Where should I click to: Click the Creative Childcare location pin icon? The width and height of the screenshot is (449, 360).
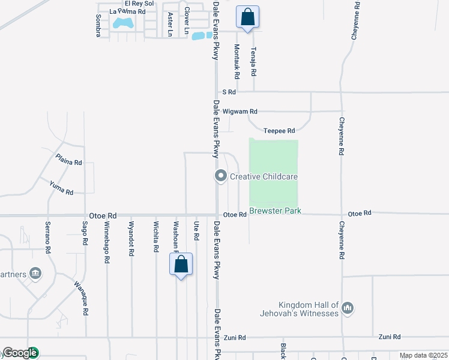[220, 176]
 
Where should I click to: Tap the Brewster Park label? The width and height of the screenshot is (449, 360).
[275, 211]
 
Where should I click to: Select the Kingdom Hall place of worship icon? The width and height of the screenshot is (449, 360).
[347, 309]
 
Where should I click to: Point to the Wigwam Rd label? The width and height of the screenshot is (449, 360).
[240, 112]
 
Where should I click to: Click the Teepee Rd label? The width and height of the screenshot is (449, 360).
[279, 131]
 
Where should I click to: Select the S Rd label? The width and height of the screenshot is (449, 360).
[229, 92]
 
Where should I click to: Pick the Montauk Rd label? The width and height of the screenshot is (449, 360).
[237, 62]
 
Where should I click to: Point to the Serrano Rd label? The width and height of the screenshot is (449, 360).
[48, 236]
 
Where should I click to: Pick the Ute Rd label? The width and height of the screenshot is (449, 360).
[196, 231]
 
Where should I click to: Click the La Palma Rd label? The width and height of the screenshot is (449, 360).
[127, 11]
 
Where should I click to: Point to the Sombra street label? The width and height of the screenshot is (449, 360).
[98, 26]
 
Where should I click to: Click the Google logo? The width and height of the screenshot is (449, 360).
[20, 353]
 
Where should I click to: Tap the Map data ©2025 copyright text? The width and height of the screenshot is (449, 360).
[423, 355]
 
